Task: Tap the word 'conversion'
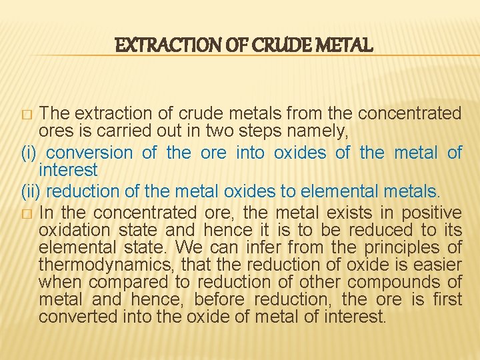[89, 153]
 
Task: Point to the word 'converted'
[78, 317]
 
